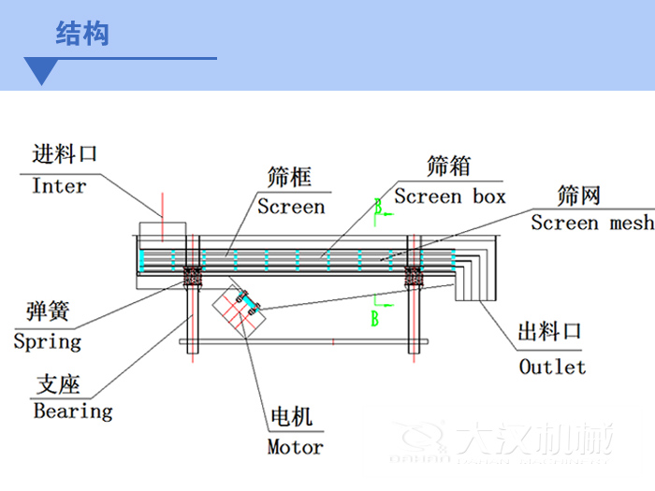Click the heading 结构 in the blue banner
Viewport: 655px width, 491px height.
[82, 34]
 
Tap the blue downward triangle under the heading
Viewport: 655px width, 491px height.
[42, 71]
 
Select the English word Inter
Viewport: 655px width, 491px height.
[59, 186]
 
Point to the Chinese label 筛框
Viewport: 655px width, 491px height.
[289, 177]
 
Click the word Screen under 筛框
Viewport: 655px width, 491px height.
[291, 207]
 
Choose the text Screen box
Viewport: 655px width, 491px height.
[449, 196]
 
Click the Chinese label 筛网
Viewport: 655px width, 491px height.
[578, 195]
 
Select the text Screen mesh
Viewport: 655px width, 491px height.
[592, 223]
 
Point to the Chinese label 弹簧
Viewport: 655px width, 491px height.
[48, 311]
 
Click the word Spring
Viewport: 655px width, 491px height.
[48, 341]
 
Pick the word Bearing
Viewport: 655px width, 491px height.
[73, 411]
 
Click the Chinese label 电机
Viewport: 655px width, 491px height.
[291, 417]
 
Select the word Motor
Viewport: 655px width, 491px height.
[295, 447]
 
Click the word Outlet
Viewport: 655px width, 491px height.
[552, 367]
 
